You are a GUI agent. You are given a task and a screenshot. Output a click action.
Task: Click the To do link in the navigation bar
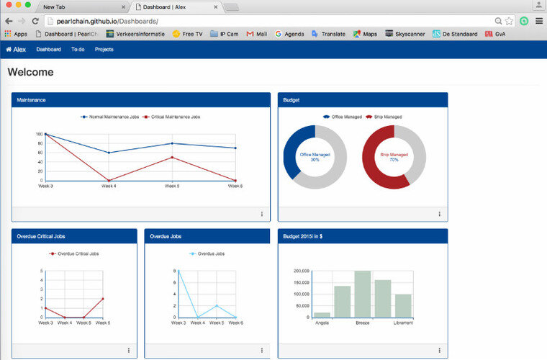(x=78, y=50)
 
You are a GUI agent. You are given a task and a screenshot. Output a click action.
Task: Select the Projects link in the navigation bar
(x=104, y=50)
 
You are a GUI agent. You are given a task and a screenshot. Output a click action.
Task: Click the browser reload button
(x=35, y=21)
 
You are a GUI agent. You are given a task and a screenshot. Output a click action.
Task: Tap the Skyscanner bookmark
(x=404, y=34)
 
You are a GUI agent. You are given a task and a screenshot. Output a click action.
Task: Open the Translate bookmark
(x=330, y=34)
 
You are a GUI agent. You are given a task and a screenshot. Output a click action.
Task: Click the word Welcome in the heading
(x=30, y=73)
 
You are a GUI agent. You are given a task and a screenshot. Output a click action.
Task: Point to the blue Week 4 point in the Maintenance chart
(x=109, y=153)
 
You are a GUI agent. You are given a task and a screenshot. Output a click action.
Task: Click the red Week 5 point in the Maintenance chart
(x=171, y=157)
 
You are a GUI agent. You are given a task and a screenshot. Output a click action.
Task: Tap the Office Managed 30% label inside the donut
(x=315, y=157)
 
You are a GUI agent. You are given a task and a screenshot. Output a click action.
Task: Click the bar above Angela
(x=322, y=315)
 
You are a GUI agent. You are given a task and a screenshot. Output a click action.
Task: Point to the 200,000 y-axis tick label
(x=302, y=271)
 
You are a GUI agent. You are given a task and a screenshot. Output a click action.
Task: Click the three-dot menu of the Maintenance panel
(x=261, y=214)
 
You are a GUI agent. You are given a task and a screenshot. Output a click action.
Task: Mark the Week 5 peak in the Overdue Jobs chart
(x=217, y=305)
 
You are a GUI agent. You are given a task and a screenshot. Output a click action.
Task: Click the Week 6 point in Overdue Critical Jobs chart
(x=103, y=298)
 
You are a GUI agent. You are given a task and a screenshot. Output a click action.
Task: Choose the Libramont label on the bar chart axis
(x=403, y=323)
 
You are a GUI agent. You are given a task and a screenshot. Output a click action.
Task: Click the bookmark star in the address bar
(x=509, y=21)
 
